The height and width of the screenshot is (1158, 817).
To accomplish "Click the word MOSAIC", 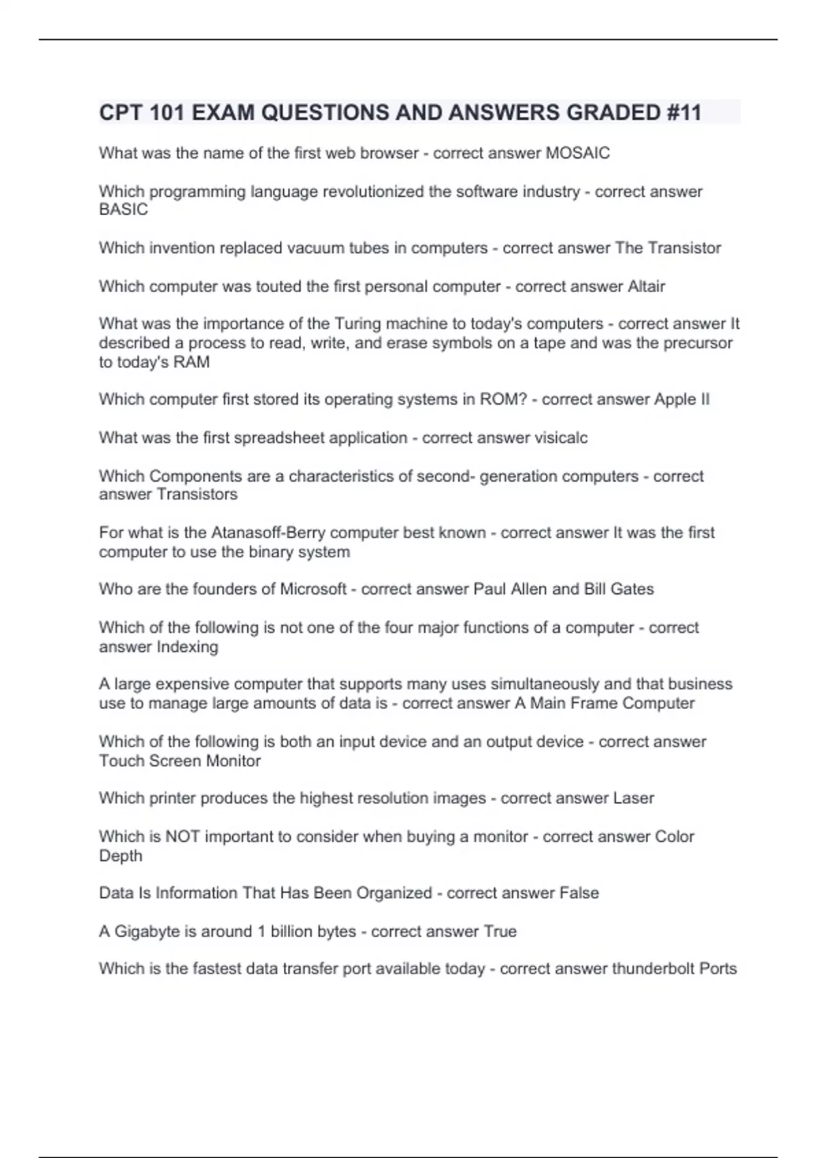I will click(x=578, y=153).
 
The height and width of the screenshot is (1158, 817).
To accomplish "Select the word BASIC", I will click(x=123, y=210).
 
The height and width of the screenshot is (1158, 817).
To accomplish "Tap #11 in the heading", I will click(x=681, y=112).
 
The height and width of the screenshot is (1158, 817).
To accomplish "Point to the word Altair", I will click(x=646, y=286).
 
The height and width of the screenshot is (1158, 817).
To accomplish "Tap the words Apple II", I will click(x=682, y=399).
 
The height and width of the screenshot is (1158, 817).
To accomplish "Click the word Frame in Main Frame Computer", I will click(x=594, y=704).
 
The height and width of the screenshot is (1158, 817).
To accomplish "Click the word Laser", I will click(x=633, y=798).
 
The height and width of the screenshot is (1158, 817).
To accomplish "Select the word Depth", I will click(x=121, y=856).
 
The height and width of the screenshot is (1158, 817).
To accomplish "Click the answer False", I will click(x=579, y=893).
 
